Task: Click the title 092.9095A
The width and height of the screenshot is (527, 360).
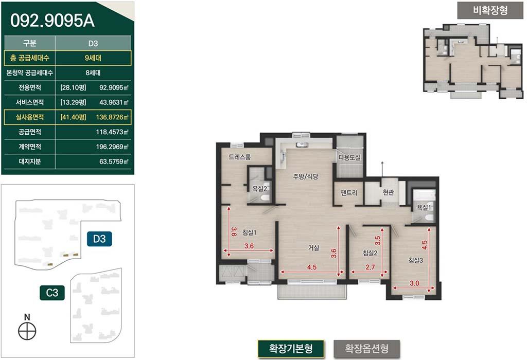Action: tap(52, 21)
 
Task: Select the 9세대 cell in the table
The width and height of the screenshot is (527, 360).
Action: tap(93, 58)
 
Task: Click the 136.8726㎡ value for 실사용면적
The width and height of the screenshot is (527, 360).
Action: tap(112, 117)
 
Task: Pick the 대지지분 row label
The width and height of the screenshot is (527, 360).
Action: tap(29, 161)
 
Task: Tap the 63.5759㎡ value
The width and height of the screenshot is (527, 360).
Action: tap(114, 161)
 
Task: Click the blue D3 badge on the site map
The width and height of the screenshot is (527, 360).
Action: tap(99, 239)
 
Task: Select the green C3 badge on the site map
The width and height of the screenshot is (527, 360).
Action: tap(52, 293)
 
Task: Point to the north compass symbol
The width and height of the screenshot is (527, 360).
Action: tap(27, 331)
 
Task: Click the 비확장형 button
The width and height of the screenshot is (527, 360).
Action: tap(490, 10)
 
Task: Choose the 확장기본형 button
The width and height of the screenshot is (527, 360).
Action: tap(291, 349)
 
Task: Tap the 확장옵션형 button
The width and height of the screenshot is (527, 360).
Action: tap(366, 349)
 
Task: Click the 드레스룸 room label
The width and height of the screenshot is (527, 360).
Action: tap(240, 157)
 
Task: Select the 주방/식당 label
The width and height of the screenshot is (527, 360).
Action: tap(305, 176)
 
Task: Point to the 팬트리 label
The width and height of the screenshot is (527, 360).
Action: tap(349, 193)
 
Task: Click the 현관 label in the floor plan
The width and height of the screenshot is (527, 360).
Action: tap(388, 192)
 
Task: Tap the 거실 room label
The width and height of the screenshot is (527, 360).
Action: tap(313, 248)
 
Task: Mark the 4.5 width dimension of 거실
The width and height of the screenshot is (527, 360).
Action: tap(312, 267)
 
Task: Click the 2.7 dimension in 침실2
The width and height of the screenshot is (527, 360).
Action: tap(370, 267)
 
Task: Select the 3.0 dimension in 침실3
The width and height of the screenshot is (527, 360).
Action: tap(414, 283)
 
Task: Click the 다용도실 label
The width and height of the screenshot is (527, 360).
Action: tap(349, 157)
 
